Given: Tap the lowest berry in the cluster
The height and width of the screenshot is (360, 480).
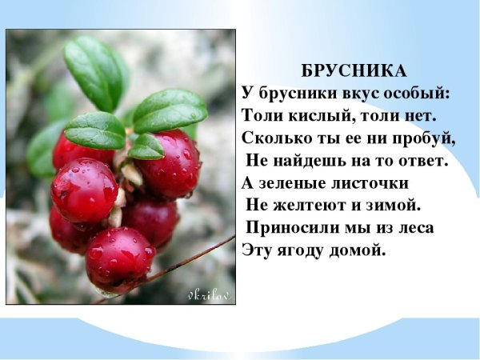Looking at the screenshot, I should (120, 258).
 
